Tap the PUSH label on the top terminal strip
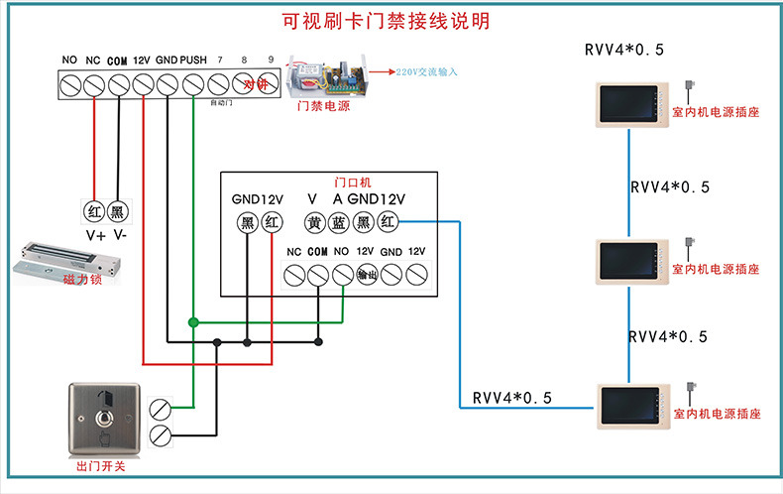point(193,61)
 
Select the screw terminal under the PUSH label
point(193,86)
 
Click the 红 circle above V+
point(93,212)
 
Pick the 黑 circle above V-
point(118,212)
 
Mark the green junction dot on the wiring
point(193,321)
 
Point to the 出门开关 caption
point(99,466)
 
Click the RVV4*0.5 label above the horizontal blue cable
point(511,399)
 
